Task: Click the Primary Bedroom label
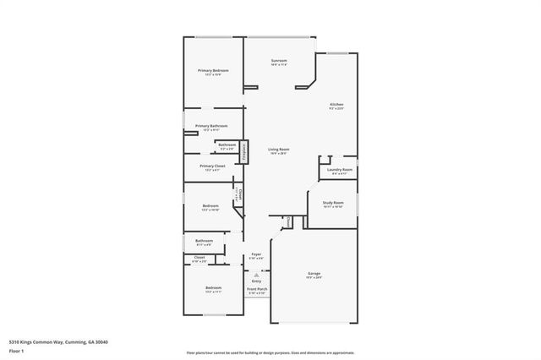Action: (214, 70)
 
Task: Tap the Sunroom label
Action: (279, 61)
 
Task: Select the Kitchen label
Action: (336, 105)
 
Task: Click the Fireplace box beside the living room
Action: (244, 151)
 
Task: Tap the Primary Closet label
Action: (212, 166)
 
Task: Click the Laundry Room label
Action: (340, 170)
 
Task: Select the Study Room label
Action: (332, 203)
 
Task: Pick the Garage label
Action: (314, 274)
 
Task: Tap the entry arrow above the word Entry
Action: (257, 274)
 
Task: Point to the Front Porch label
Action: (257, 290)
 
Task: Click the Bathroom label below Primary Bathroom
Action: (227, 145)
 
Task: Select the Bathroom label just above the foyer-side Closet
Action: (204, 241)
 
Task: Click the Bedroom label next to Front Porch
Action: (213, 288)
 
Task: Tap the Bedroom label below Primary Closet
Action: (210, 206)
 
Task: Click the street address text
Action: (58, 342)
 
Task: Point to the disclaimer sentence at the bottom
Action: (270, 352)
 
